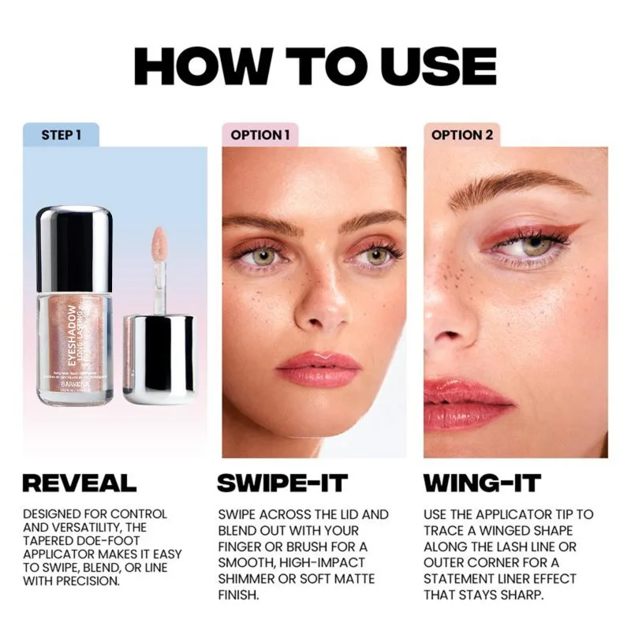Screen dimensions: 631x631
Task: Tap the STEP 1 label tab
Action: pyautogui.click(x=61, y=135)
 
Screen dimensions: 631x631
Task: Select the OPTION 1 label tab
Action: pyautogui.click(x=260, y=135)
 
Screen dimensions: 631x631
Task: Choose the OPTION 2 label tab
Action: pyautogui.click(x=461, y=135)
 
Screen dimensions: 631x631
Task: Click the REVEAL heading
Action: pyautogui.click(x=79, y=482)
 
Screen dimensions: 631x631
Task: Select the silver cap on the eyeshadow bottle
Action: pyautogui.click(x=74, y=248)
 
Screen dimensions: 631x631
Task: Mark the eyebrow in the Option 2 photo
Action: pyautogui.click(x=513, y=188)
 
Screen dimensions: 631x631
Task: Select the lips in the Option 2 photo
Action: pyautogui.click(x=461, y=402)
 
